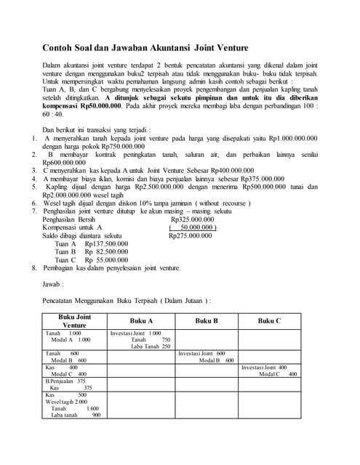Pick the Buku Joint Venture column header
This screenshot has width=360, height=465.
pos(74,321)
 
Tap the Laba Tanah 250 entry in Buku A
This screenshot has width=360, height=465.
pos(151,347)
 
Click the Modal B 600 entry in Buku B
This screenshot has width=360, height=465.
pos(216,360)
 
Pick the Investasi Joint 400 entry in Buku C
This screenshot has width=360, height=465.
pos(264,368)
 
